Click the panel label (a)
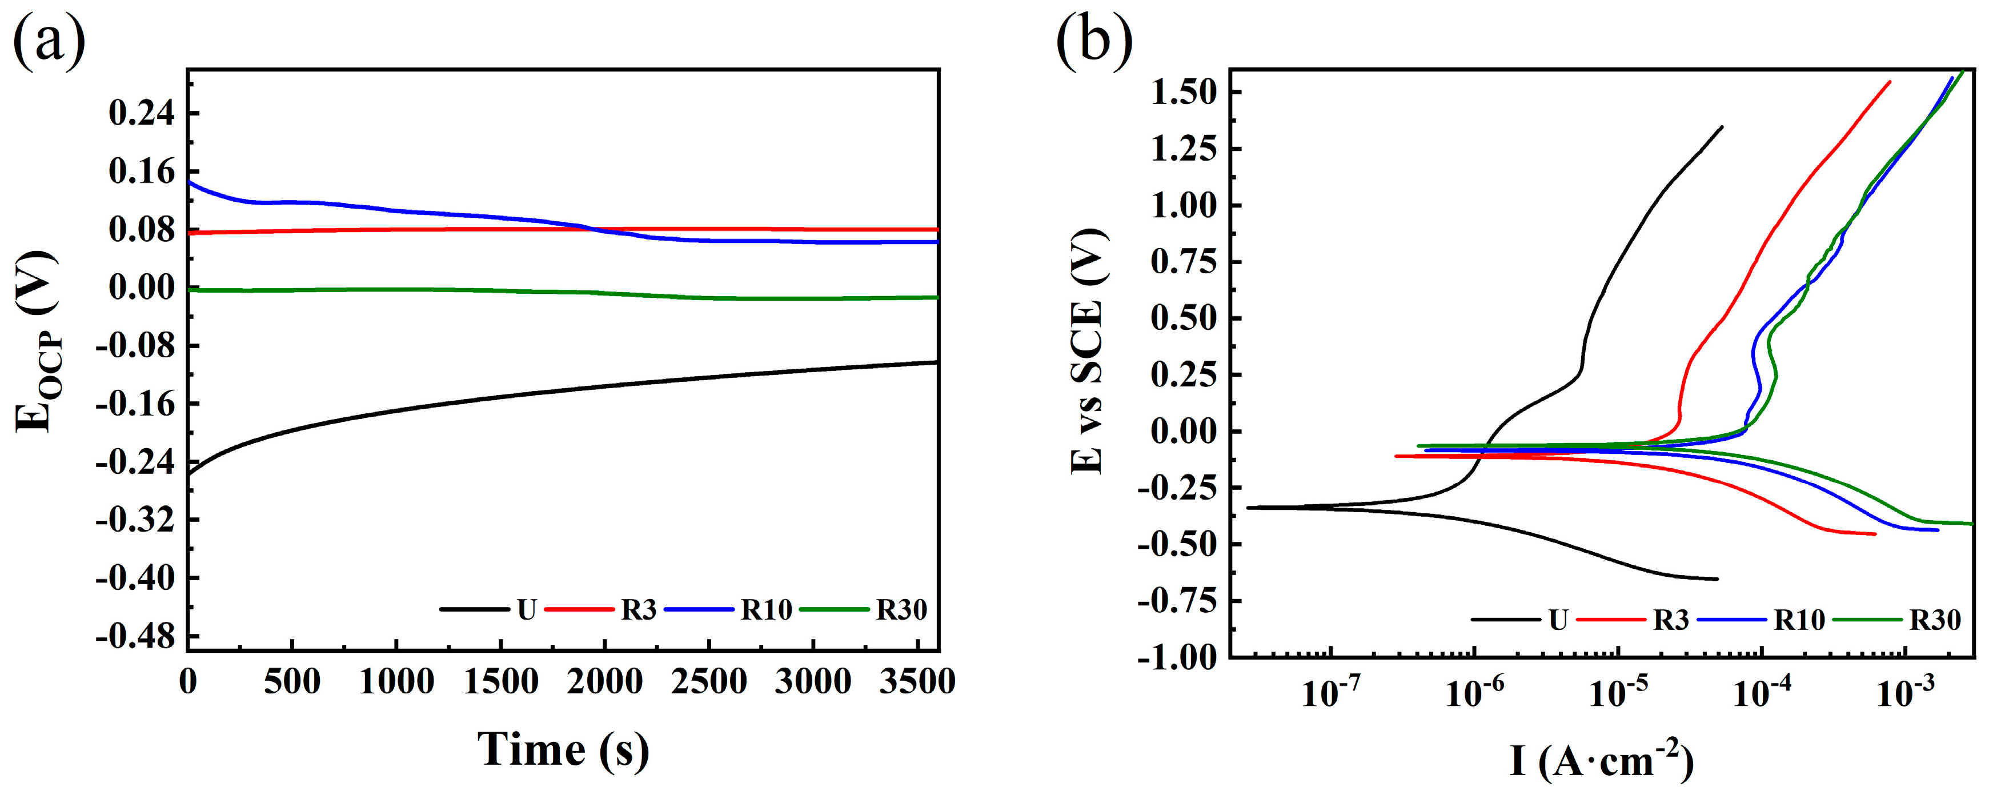[49, 40]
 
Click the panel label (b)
[1093, 40]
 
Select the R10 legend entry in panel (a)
[766, 610]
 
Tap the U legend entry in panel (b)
[1558, 620]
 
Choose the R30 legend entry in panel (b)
[1935, 620]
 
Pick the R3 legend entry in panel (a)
[639, 610]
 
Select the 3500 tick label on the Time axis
[917, 682]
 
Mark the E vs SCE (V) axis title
[1089, 352]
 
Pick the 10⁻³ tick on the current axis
[1906, 693]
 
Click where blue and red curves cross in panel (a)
[595, 229]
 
